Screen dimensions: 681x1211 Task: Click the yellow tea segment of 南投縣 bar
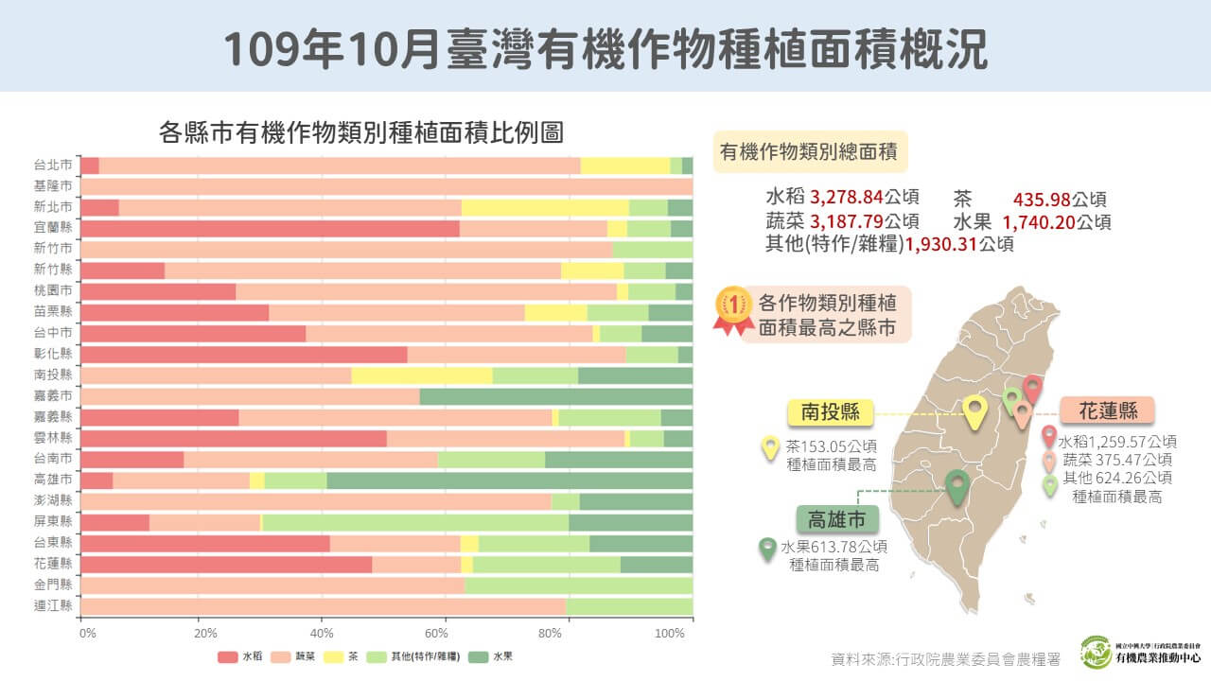[422, 375]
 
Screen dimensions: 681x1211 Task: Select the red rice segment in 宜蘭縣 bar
[270, 228]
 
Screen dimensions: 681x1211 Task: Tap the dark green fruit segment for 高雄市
[509, 480]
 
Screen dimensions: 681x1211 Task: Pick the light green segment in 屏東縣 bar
[415, 522]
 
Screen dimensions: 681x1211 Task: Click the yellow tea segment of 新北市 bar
[545, 207]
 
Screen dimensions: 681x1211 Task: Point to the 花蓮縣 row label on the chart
[53, 564]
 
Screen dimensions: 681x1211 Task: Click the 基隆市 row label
[53, 186]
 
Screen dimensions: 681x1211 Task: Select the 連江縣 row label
[53, 606]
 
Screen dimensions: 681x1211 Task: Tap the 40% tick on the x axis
[323, 632]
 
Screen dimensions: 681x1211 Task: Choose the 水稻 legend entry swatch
[227, 656]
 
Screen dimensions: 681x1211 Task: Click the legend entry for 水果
[491, 656]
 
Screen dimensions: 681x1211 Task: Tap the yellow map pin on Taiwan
[974, 411]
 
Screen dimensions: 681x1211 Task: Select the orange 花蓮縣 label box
[1106, 410]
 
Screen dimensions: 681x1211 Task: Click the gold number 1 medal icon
[733, 308]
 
